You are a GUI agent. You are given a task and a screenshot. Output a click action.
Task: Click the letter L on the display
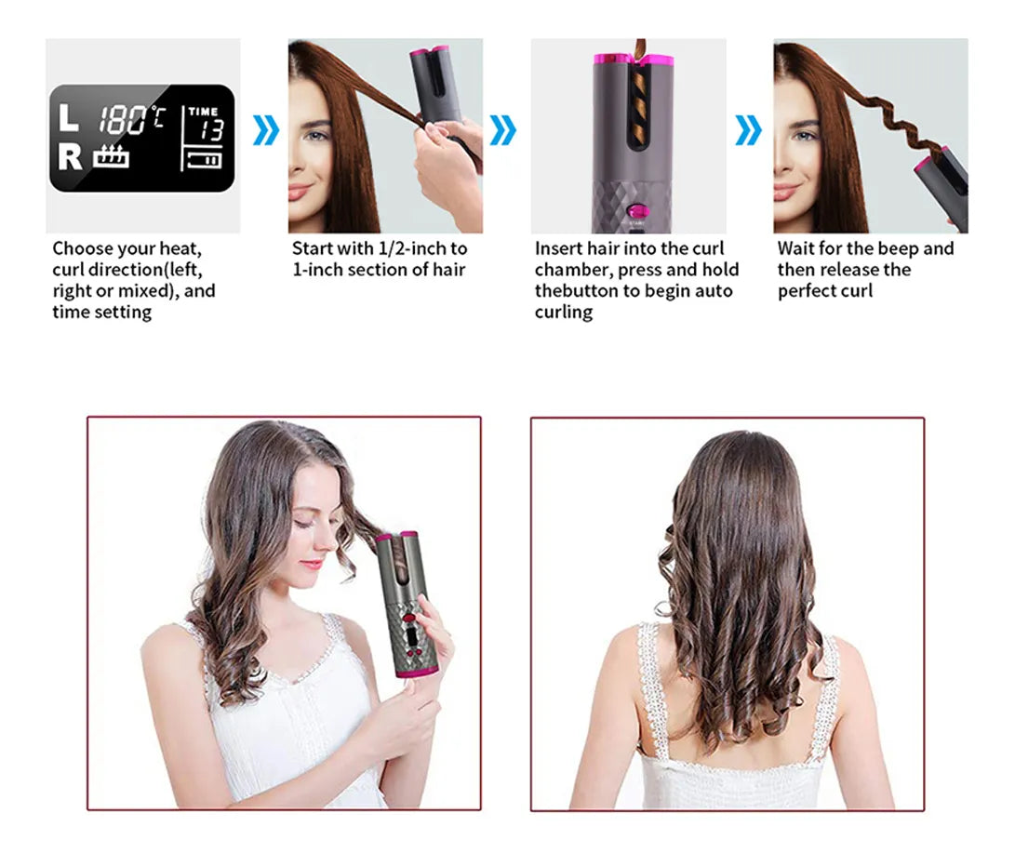[x=68, y=117]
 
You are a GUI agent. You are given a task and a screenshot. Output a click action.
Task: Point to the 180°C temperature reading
[x=131, y=120]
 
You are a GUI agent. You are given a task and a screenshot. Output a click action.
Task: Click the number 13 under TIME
[x=212, y=129]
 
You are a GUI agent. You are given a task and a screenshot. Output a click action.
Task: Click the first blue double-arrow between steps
[x=265, y=130]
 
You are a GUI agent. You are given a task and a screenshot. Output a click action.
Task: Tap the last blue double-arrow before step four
[x=748, y=130]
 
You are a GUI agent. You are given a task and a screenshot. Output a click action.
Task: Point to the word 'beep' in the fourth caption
[x=898, y=248]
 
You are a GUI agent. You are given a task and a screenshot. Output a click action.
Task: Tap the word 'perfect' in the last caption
[x=807, y=291]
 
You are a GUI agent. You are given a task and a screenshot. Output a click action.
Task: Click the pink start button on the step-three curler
[x=637, y=211]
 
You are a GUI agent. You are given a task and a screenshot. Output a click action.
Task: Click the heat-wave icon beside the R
[x=111, y=156]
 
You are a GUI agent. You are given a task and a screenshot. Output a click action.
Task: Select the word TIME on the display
[x=203, y=112]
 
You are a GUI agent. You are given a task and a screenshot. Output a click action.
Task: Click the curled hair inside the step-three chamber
[x=639, y=103]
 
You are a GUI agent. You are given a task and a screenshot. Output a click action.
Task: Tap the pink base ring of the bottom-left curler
[x=418, y=673]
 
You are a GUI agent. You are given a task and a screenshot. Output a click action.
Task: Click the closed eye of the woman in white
[x=303, y=523]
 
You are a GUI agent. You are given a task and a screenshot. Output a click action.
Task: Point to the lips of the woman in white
[x=313, y=564]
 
